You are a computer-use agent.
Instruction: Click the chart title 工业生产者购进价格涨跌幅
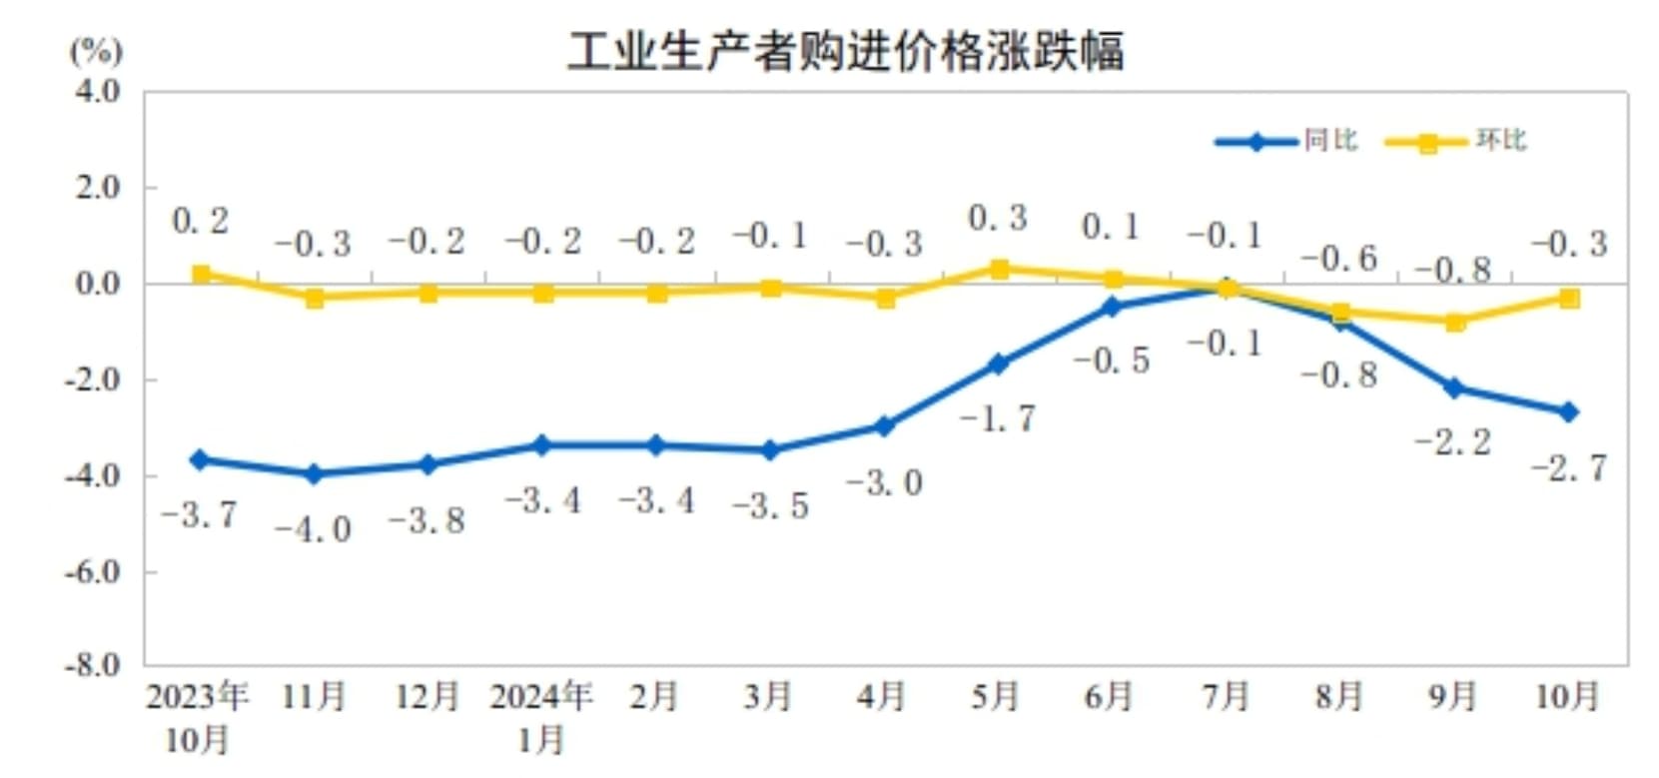coord(845,50)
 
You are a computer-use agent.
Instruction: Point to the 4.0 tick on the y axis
coord(97,92)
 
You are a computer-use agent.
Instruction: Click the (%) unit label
coord(96,50)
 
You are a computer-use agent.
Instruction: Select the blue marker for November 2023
coord(314,473)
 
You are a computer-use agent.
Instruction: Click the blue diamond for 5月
coord(998,365)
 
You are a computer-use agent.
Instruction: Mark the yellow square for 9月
coord(1454,322)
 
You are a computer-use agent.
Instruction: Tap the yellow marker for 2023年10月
coord(201,274)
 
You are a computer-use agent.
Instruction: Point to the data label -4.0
coord(314,528)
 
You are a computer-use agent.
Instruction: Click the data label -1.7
coord(998,417)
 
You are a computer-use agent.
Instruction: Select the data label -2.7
coord(1568,466)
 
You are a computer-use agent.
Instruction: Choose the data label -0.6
coord(1339,259)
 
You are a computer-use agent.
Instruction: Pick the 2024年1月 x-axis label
coord(542,717)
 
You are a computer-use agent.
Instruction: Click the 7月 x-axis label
coord(1226,695)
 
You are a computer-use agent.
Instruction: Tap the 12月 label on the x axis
coord(427,695)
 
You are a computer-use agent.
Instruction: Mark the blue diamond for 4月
coord(884,426)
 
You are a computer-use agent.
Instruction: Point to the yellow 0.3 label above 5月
coord(998,218)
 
